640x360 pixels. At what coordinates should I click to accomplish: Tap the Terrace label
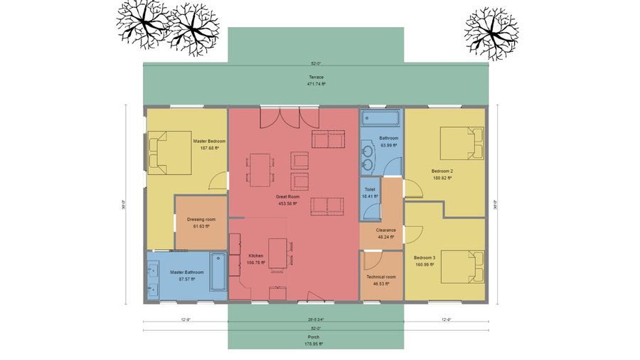click(x=316, y=76)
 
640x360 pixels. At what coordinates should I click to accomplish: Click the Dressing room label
click(x=201, y=219)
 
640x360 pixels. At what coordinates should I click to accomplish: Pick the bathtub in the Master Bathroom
click(x=218, y=271)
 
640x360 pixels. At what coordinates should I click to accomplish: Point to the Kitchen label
click(x=256, y=255)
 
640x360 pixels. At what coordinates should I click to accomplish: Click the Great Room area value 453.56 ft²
click(x=287, y=203)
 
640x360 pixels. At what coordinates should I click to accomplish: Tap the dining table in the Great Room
click(x=260, y=169)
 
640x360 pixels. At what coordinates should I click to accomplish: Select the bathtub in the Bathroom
click(x=381, y=117)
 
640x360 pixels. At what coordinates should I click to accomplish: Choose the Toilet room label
click(x=370, y=189)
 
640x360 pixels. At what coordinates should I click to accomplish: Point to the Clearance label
click(x=386, y=230)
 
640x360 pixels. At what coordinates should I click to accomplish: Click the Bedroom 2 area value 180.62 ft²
click(x=442, y=179)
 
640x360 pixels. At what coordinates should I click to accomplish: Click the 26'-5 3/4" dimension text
click(x=316, y=320)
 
